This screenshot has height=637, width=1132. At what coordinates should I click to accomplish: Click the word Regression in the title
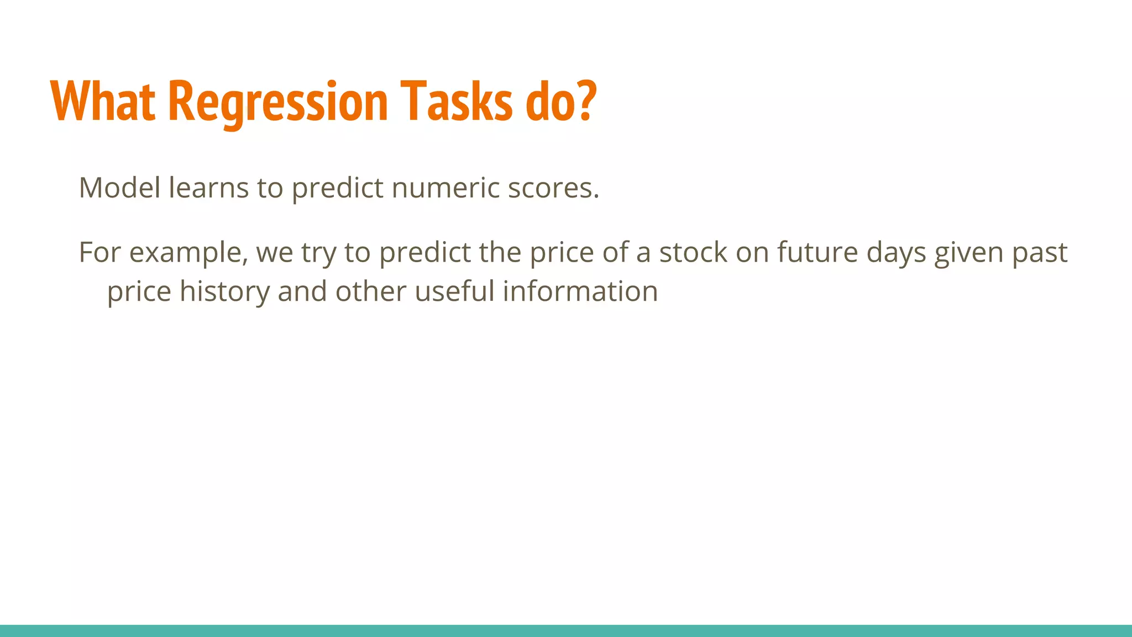pyautogui.click(x=278, y=102)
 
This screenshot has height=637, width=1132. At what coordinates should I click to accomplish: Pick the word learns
pyautogui.click(x=208, y=188)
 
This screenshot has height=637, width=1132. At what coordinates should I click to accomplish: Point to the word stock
pyautogui.click(x=693, y=252)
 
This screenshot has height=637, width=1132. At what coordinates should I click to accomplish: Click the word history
pyautogui.click(x=224, y=291)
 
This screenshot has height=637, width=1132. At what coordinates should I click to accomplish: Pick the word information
pyautogui.click(x=580, y=291)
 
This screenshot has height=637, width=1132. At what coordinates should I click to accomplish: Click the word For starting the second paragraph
pyautogui.click(x=99, y=252)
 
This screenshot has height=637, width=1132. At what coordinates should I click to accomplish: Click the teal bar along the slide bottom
pyautogui.click(x=566, y=631)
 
